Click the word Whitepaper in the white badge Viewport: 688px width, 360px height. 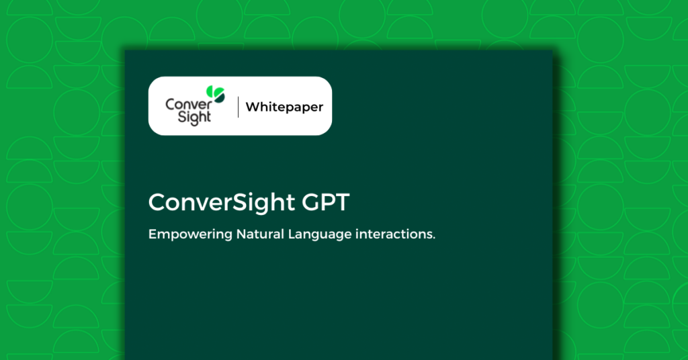click(x=284, y=107)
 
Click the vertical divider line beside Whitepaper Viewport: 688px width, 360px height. click(x=238, y=107)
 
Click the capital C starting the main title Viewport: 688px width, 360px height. click(x=157, y=203)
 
